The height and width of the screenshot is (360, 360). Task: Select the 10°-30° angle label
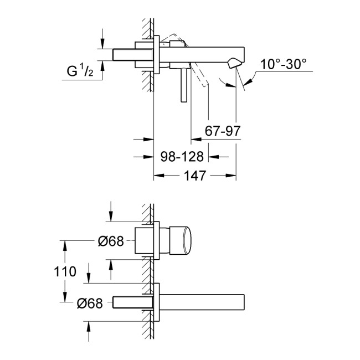point(284,64)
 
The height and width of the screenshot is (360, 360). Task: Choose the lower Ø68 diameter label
point(89,302)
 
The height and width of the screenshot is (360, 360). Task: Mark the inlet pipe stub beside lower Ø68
point(132,302)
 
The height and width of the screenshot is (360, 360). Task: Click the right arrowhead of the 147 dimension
point(232,176)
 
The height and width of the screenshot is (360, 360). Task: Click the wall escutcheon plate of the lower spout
point(158,302)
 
